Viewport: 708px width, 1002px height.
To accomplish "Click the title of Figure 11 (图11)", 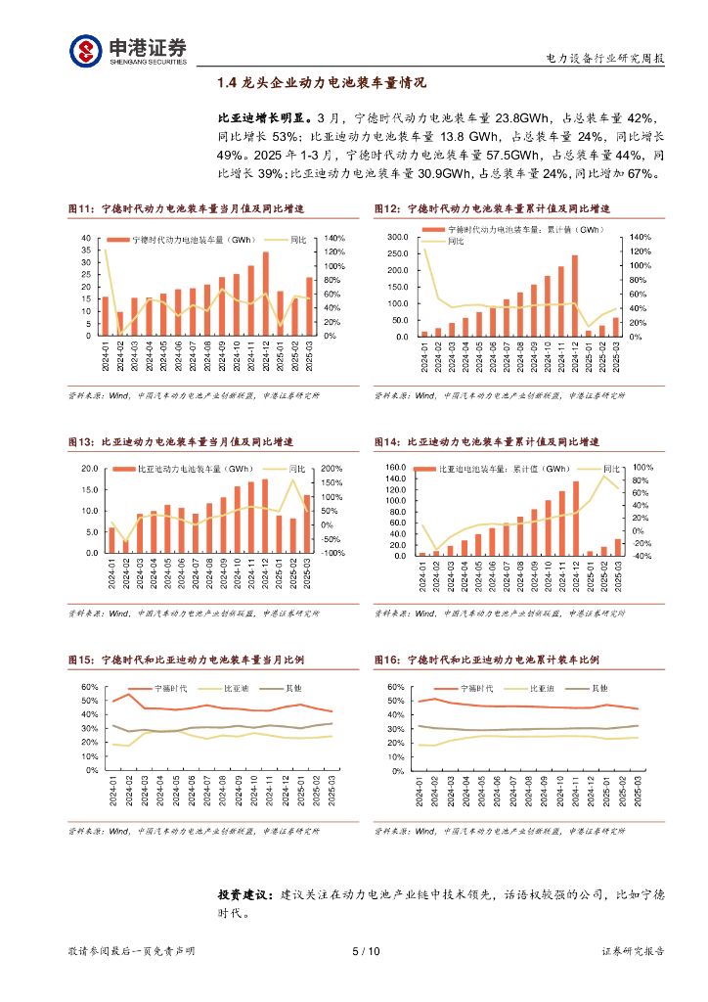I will pyautogui.click(x=185, y=209).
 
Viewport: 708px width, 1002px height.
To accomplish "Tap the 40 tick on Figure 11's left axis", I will pyautogui.click(x=86, y=239).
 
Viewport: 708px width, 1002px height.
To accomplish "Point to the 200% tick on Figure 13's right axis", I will pyautogui.click(x=331, y=468).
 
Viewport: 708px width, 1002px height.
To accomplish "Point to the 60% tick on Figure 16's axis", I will pyautogui.click(x=394, y=687).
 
